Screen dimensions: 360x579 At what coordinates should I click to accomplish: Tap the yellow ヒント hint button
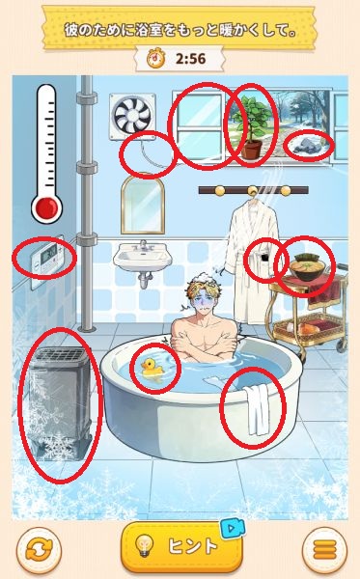[x=181, y=546]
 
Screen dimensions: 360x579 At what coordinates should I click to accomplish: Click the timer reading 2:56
[x=190, y=59]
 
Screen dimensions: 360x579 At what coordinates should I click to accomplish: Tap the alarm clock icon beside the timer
[x=155, y=58]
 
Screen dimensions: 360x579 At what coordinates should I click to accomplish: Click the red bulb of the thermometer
[x=47, y=207]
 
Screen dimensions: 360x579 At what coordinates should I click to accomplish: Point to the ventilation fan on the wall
[x=132, y=117]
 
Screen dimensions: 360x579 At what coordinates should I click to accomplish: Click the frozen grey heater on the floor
[x=60, y=403]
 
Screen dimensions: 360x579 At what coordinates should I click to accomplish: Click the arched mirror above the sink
[x=143, y=205]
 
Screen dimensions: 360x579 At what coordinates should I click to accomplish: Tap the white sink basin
[x=143, y=257]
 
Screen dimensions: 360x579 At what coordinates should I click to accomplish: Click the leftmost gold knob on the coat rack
[x=219, y=190]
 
